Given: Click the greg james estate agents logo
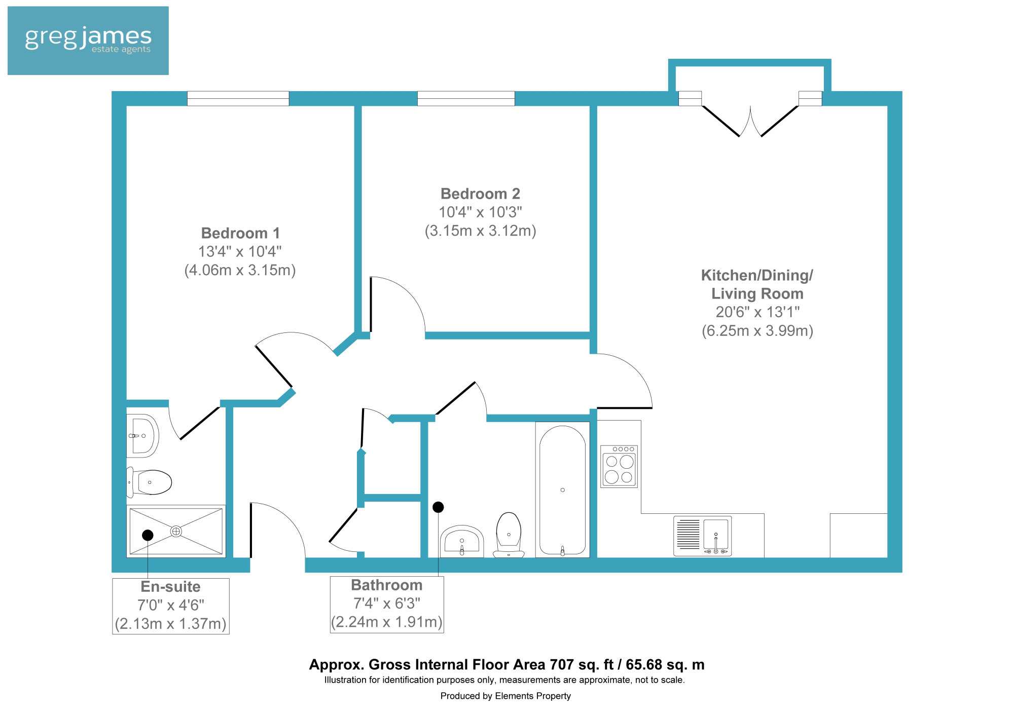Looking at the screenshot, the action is [x=88, y=41].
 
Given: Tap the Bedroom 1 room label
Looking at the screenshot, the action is [x=240, y=233].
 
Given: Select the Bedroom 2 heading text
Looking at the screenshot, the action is [x=480, y=194].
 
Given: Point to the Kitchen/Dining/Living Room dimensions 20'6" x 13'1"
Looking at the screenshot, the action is [x=757, y=312].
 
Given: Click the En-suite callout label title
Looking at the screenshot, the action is [x=170, y=587].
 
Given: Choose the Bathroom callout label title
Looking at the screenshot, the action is [x=387, y=585].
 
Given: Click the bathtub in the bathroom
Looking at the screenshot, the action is [x=562, y=489].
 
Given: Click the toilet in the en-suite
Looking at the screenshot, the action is [x=150, y=482].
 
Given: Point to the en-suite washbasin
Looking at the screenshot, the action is [x=142, y=436].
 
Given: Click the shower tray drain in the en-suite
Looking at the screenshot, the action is [x=176, y=531].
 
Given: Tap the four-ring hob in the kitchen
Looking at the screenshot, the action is [x=619, y=466].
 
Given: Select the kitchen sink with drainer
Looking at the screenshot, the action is [x=703, y=536].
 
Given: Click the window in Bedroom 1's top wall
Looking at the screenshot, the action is [x=238, y=98].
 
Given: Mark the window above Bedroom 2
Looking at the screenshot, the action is [x=466, y=98].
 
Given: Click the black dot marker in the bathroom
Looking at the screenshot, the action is [x=438, y=507].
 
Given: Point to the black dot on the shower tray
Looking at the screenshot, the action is [x=148, y=535].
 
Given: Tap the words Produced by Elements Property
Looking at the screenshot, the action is [x=505, y=696].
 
